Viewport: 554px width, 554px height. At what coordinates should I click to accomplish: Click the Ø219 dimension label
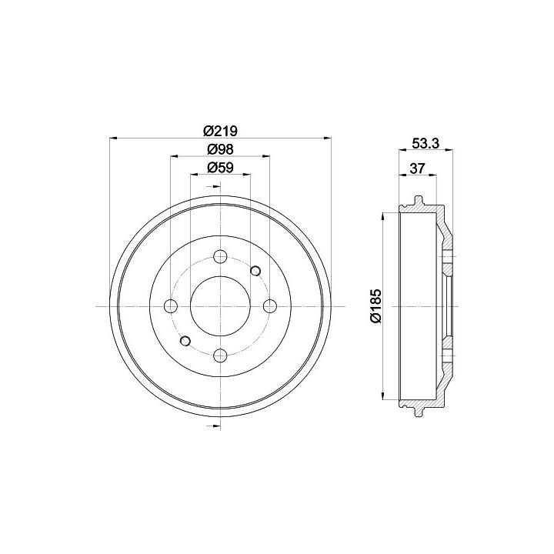(x=221, y=131)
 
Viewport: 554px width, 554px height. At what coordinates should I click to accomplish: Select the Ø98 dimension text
(x=221, y=149)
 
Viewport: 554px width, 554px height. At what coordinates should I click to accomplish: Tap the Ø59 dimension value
(x=221, y=168)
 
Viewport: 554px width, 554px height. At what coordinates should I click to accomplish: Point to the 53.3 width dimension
(x=426, y=143)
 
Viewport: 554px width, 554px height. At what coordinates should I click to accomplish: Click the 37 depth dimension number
(x=417, y=169)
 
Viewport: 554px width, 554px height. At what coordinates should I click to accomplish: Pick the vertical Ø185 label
(x=376, y=306)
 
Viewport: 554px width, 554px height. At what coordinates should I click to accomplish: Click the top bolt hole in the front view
(x=221, y=256)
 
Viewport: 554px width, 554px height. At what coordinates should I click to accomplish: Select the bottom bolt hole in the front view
(x=221, y=355)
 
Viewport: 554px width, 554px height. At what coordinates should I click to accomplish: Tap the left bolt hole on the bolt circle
(x=171, y=306)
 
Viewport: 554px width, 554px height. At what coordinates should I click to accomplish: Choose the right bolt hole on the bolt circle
(x=270, y=306)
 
